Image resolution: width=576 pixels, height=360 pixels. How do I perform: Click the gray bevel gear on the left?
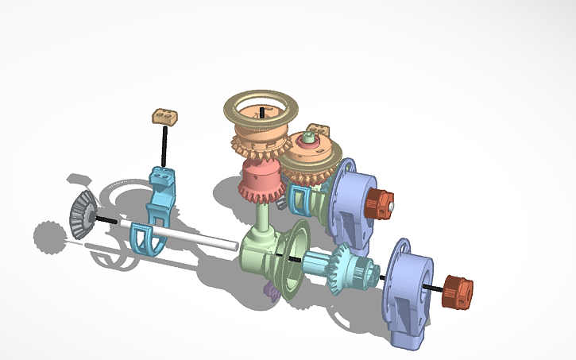pyautogui.click(x=79, y=213)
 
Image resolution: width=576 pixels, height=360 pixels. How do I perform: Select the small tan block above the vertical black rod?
pyautogui.click(x=165, y=117)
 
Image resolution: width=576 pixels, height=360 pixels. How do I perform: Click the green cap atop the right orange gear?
pyautogui.click(x=308, y=139)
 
